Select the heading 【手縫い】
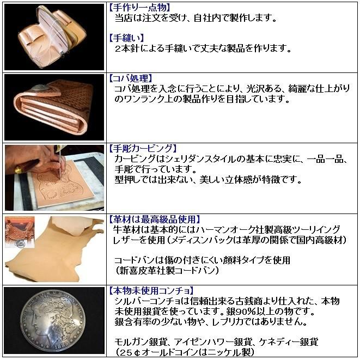[127, 38]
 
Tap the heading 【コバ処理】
[131, 78]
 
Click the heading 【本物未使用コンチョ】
[151, 290]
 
